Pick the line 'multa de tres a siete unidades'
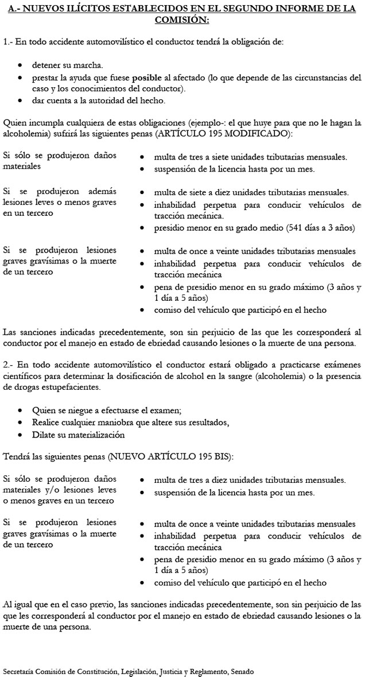point(250,157)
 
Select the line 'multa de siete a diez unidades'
point(251,192)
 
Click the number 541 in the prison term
point(292,228)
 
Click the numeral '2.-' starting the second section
point(9,365)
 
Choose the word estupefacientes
point(65,388)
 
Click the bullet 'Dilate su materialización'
point(79,435)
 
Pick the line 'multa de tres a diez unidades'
point(250,479)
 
